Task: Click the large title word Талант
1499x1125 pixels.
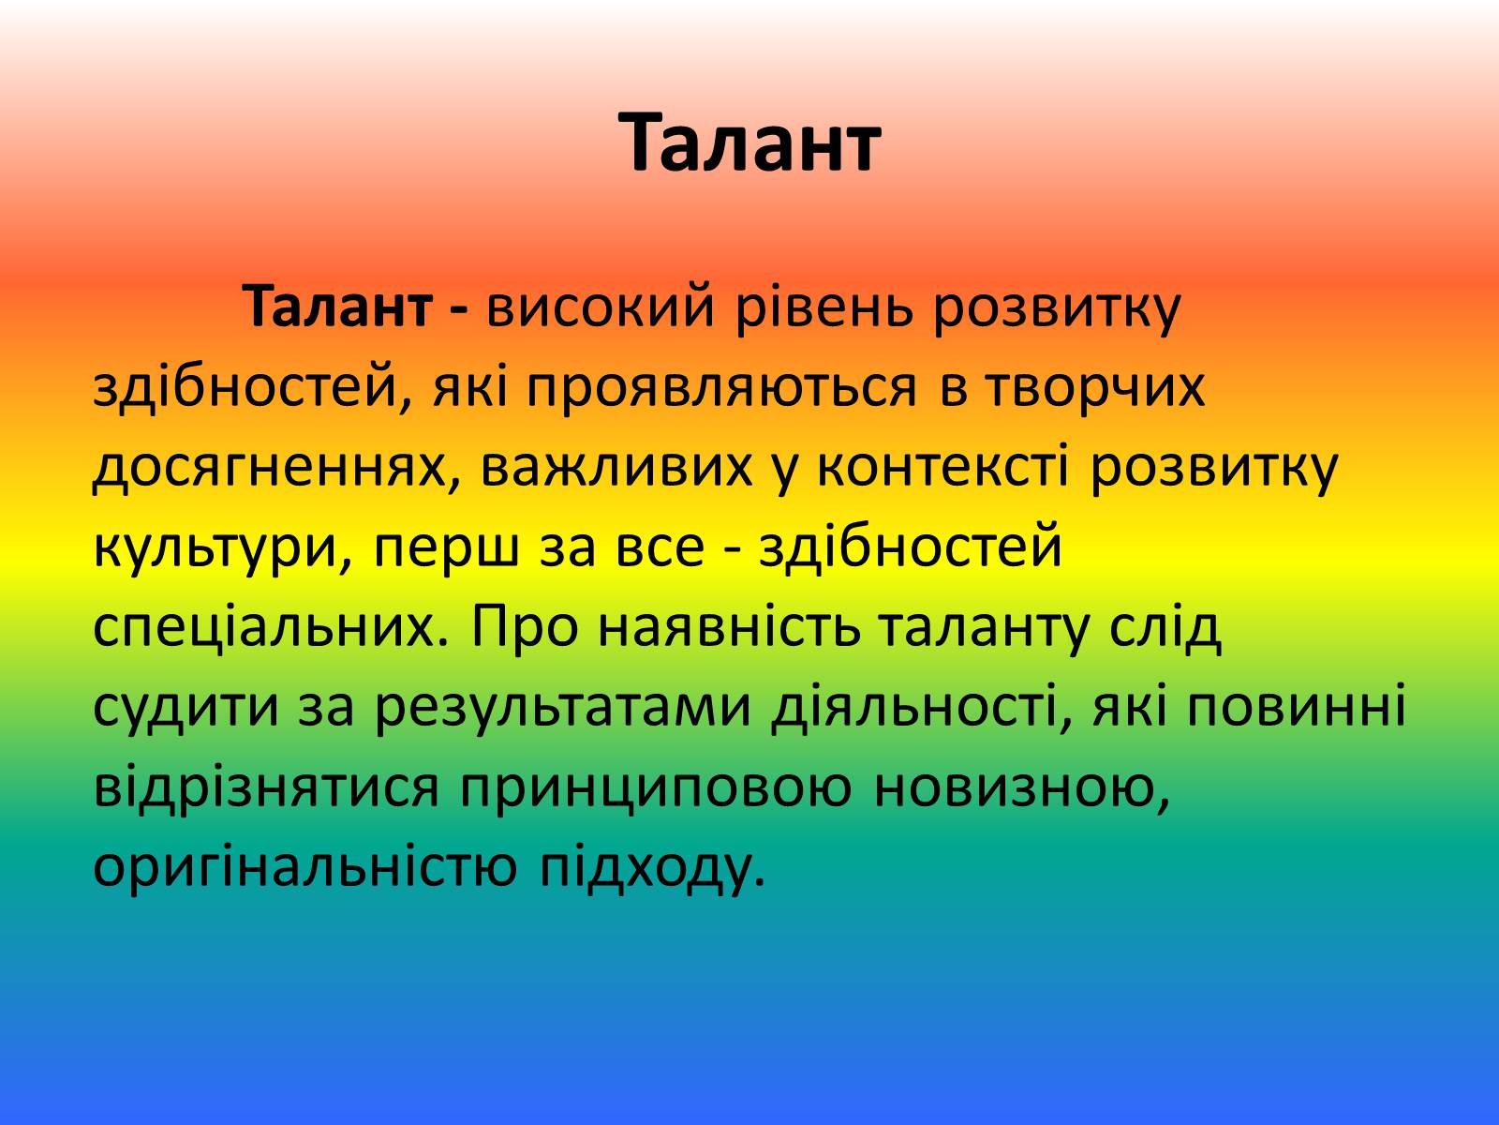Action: tap(749, 143)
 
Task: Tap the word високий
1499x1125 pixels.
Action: tap(601, 308)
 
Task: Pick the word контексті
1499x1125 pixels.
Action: tap(942, 467)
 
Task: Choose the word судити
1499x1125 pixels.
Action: tap(186, 709)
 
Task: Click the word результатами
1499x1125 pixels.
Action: tap(563, 709)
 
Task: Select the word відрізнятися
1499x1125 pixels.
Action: tap(266, 787)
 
